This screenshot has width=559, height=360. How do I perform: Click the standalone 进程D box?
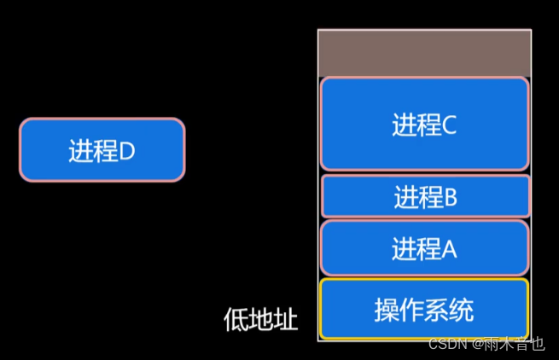coord(102,149)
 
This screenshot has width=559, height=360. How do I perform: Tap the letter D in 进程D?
coord(126,152)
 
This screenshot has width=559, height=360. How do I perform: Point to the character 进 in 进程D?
coord(80,152)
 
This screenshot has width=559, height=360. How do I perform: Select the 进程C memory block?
coord(424,124)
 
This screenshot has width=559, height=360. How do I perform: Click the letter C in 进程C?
coord(450,125)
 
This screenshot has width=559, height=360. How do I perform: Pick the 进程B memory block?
coord(424,196)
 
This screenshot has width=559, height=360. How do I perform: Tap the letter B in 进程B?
coord(451,198)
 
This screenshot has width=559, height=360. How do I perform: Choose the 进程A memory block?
coord(424,248)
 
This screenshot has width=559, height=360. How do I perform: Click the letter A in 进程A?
coord(450,250)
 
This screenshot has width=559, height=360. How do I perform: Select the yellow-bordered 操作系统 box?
coord(424,309)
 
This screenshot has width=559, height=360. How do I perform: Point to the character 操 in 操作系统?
coord(387,310)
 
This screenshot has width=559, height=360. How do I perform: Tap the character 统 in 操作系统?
coord(462,310)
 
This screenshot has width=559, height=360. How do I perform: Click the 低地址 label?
coord(260,320)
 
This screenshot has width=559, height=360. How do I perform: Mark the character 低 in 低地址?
coord(236,320)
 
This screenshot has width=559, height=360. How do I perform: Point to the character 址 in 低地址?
coord(286,320)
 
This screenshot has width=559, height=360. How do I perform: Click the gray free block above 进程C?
coord(424,54)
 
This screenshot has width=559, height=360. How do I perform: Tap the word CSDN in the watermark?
coord(445,344)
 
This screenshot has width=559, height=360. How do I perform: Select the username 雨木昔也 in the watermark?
coord(515,344)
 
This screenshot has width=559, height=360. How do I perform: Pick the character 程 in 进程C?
coord(430,125)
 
